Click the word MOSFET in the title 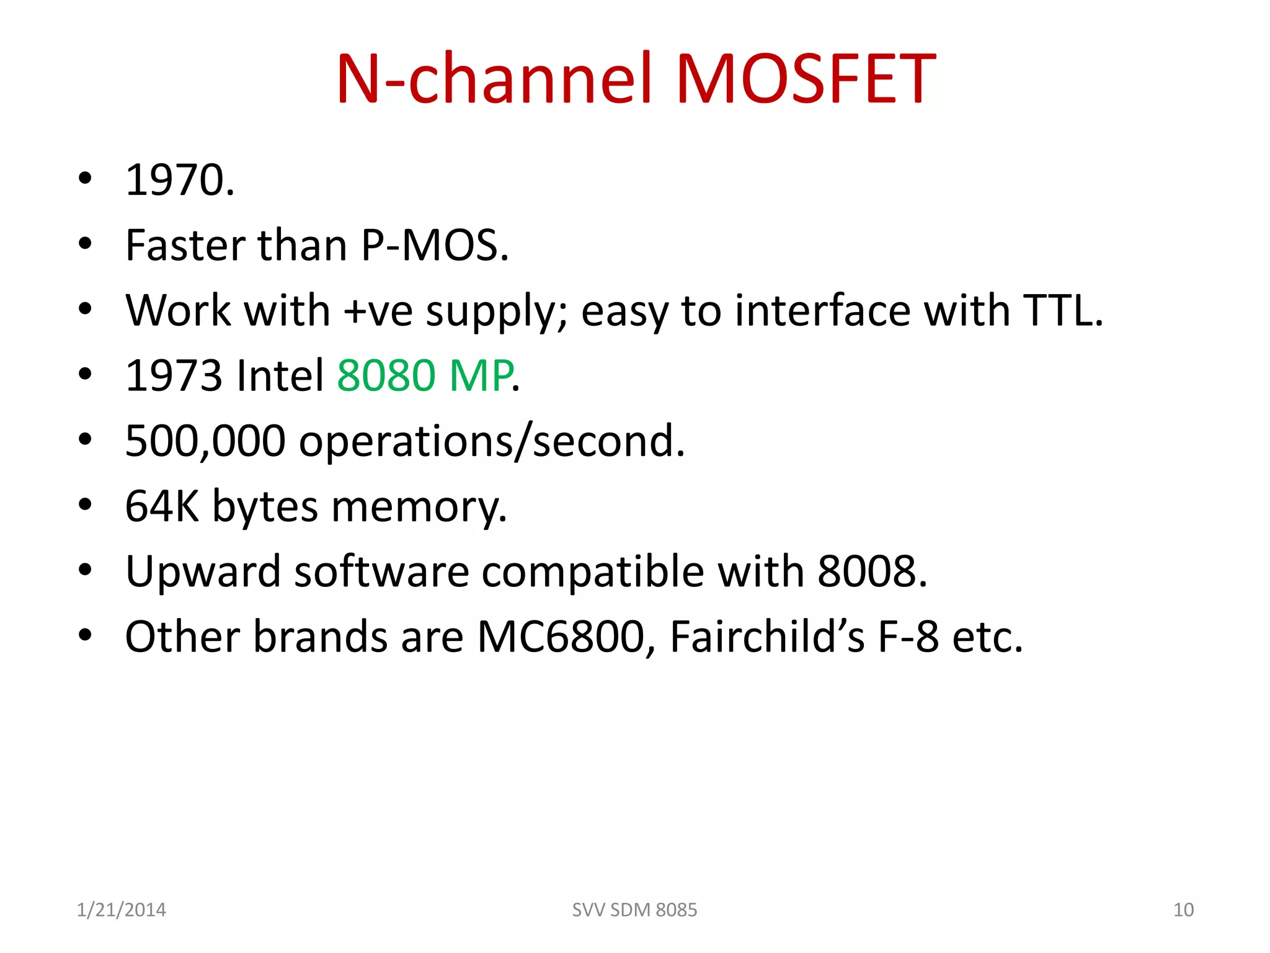806,79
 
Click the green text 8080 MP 425,375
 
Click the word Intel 280,375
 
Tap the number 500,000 205,441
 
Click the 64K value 162,506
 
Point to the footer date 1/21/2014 121,910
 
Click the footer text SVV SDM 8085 634,910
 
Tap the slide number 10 1183,910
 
